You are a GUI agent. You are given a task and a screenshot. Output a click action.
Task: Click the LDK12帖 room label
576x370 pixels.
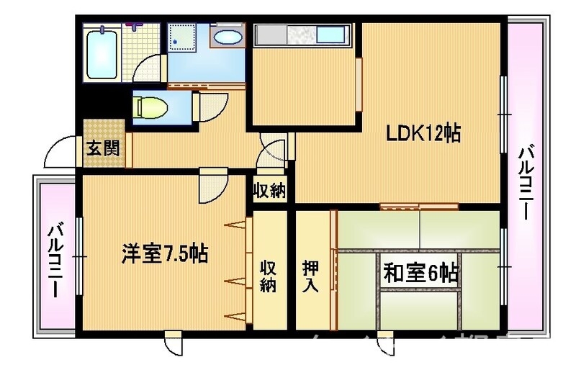(424, 134)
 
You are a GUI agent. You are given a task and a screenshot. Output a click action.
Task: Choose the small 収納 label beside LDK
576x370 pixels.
(269, 191)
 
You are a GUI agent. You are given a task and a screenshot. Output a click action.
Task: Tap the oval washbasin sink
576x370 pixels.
(229, 38)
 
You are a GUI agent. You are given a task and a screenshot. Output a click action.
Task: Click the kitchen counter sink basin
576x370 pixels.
(330, 35)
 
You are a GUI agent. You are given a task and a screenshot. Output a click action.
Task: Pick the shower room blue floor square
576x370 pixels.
(186, 36)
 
